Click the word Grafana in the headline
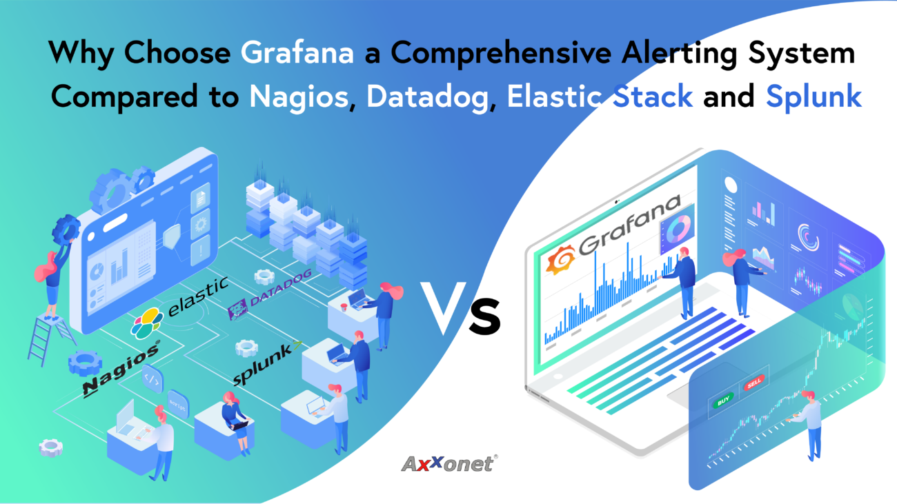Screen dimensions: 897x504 coord(297,53)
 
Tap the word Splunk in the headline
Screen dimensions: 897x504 coord(814,97)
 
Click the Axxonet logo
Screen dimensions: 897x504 coord(449,463)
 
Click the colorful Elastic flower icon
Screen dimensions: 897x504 coord(147,323)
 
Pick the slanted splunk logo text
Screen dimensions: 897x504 coord(266,363)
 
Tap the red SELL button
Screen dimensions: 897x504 coord(754,383)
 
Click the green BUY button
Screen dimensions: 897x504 coord(723,400)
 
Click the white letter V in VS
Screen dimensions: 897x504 coord(443,308)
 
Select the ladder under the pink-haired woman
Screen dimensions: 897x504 coord(50,340)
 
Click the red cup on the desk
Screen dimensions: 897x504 coord(344,308)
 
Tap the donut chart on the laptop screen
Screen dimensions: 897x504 coord(678,229)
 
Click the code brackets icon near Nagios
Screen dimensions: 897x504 coord(152,379)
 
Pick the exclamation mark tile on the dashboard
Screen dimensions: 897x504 coord(200,251)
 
